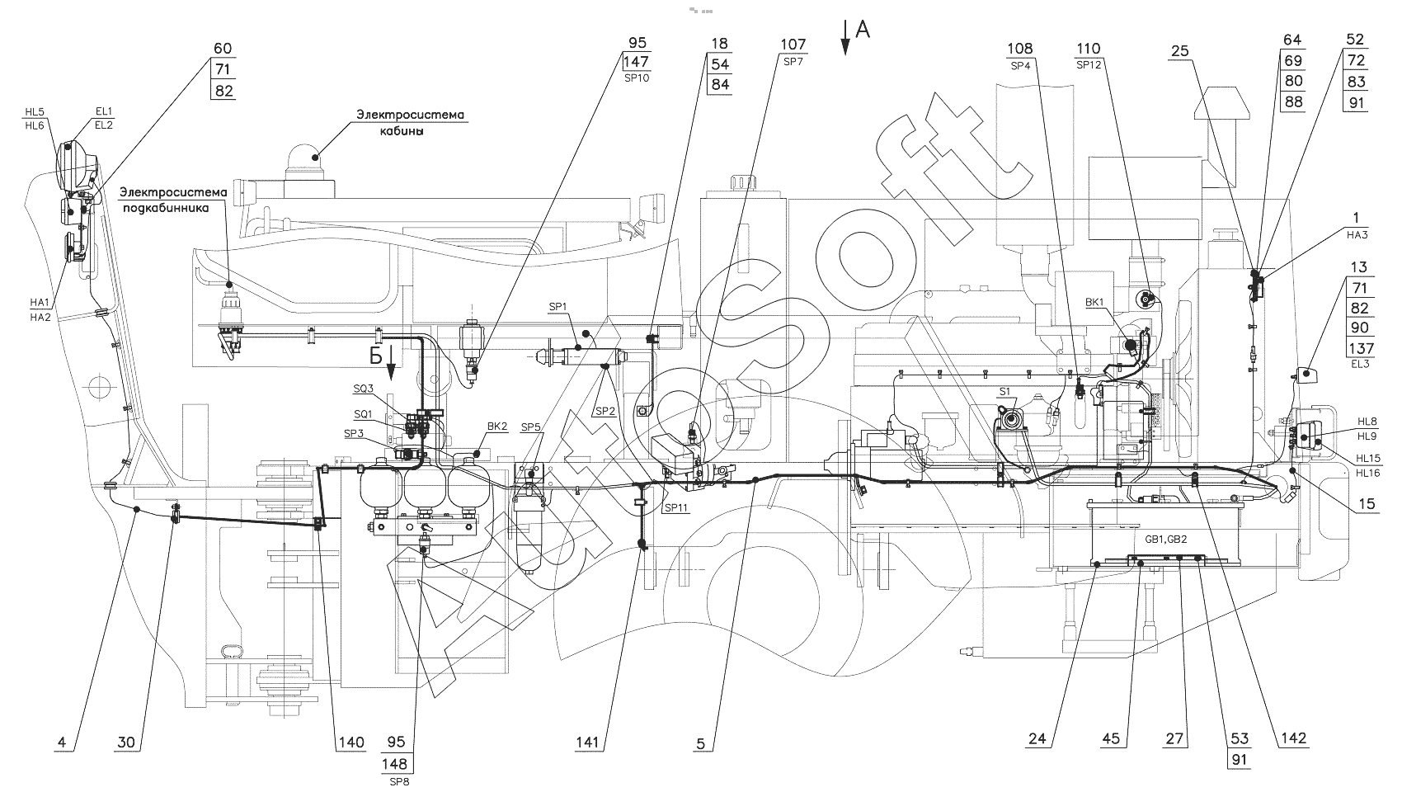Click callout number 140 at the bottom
(351, 742)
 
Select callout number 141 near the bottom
(588, 742)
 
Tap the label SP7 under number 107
(793, 61)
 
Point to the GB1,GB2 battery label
(1165, 539)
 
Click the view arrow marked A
(845, 38)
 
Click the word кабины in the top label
(402, 131)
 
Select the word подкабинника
(166, 208)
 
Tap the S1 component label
(1004, 392)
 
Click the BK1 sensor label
(1094, 303)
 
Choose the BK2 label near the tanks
(497, 427)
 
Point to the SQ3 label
(363, 389)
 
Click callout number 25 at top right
(1179, 51)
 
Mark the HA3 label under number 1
(1357, 235)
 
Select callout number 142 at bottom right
(1294, 738)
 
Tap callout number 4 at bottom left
(61, 742)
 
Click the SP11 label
(676, 507)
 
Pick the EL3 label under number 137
(1360, 364)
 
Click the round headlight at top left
(77, 164)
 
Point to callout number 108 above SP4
(1019, 49)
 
